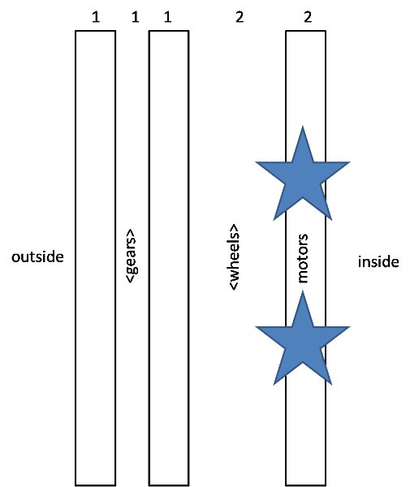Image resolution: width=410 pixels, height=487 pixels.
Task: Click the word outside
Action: [x=37, y=256]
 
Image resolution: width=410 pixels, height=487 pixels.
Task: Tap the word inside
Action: [x=378, y=261]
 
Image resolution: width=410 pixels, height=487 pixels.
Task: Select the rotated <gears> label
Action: [x=131, y=256]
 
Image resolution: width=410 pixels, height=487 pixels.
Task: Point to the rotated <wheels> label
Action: [x=235, y=256]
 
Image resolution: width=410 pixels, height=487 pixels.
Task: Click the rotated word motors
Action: [x=302, y=258]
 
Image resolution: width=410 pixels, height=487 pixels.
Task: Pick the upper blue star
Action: [x=303, y=173]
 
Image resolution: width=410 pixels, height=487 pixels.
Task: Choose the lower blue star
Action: [x=303, y=338]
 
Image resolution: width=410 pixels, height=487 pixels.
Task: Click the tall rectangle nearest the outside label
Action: [x=95, y=258]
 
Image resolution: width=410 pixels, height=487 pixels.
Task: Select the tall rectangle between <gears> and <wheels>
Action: [x=169, y=258]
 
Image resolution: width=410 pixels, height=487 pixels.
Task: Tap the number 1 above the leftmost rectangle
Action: [x=96, y=17]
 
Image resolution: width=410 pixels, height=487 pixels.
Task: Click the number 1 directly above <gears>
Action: [x=135, y=17]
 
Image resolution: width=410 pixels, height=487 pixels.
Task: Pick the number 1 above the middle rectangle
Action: [x=167, y=17]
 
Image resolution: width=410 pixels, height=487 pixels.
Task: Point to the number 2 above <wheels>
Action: [x=240, y=17]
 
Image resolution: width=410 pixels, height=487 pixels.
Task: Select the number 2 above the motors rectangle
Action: [x=308, y=17]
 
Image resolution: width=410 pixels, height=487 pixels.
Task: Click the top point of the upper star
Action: [x=303, y=126]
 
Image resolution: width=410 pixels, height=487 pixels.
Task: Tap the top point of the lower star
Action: [x=303, y=291]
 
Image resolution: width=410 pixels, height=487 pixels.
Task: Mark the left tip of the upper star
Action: [x=256, y=162]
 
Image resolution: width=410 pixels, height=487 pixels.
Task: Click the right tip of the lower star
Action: [x=350, y=327]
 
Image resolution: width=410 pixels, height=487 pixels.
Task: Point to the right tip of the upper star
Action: [x=350, y=162]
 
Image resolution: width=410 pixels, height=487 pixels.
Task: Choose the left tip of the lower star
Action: [x=256, y=327]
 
